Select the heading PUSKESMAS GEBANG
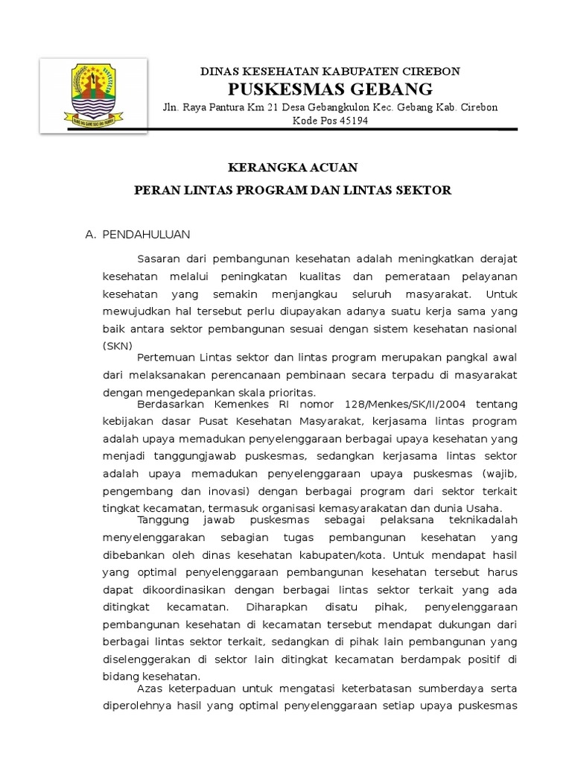(x=331, y=90)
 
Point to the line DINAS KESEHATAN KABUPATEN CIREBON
(x=331, y=72)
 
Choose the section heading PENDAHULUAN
(x=146, y=234)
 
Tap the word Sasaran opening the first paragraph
(x=162, y=258)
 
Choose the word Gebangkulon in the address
(x=341, y=107)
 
